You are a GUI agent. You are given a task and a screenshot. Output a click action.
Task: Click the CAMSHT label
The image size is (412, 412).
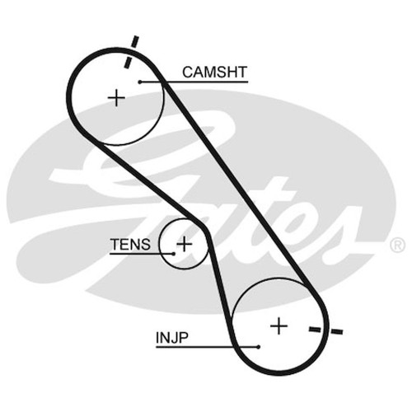click(215, 72)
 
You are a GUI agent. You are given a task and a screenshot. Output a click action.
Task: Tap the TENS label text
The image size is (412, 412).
click(130, 245)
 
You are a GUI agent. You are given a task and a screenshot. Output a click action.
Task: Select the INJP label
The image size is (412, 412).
click(172, 338)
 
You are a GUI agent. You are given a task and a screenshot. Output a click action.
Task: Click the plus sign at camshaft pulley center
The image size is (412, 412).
click(116, 97)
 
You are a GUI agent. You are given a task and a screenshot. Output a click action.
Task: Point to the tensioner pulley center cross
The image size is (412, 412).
click(184, 244)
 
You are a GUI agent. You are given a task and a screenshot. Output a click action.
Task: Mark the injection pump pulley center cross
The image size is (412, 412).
click(279, 325)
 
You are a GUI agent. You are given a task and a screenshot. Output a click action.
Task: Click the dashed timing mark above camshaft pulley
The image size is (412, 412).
click(132, 52)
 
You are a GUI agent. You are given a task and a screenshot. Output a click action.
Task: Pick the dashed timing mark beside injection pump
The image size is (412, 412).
click(326, 330)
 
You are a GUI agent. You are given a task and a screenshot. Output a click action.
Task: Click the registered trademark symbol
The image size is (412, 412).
click(397, 245)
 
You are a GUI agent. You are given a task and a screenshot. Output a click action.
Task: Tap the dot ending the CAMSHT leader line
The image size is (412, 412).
click(140, 82)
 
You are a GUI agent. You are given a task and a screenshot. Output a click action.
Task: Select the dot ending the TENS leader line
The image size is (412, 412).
click(173, 254)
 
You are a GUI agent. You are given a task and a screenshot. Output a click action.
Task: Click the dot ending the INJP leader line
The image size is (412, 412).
click(259, 347)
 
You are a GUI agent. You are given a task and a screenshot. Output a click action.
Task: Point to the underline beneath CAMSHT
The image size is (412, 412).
click(194, 82)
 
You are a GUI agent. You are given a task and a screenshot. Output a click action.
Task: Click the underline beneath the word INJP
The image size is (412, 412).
click(208, 348)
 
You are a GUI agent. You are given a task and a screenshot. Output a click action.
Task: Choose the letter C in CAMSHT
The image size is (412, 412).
click(188, 73)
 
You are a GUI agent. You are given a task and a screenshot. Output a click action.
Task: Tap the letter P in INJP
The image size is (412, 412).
click(183, 338)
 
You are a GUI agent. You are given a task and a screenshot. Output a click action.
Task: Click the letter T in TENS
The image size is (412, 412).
click(115, 245)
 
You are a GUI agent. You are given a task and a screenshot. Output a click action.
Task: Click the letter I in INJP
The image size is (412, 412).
click(157, 338)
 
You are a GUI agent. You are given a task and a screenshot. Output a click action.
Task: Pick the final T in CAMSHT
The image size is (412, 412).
click(242, 73)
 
